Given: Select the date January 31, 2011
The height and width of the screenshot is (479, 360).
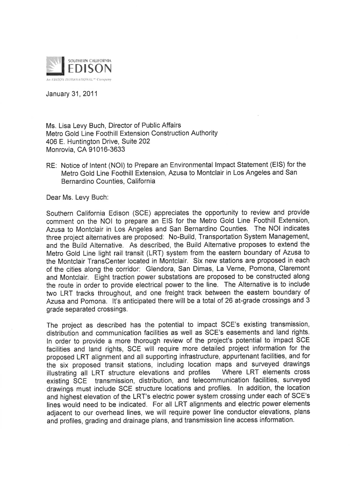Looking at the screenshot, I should pos(68,99).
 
